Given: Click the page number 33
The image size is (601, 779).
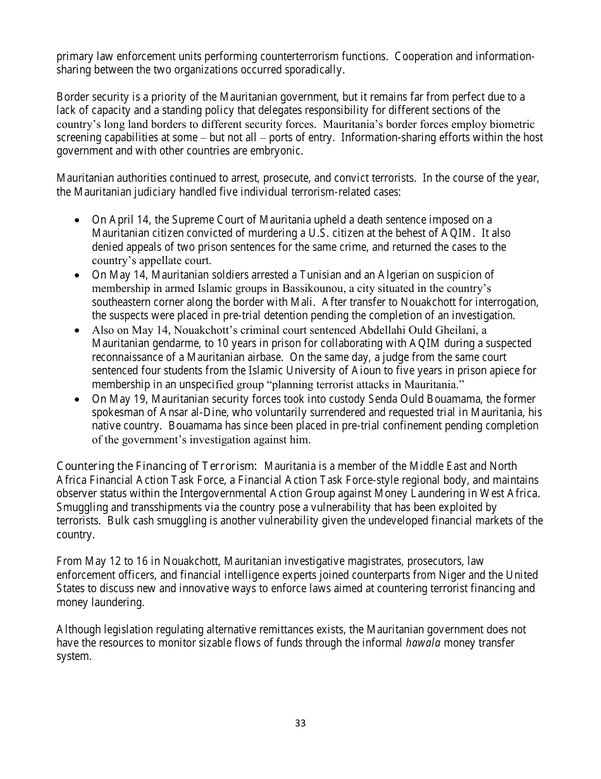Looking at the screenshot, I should [x=300, y=723].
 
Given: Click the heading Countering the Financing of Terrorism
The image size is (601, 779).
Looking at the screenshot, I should [x=156, y=467].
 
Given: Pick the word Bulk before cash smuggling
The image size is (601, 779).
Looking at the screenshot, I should [x=118, y=521].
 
